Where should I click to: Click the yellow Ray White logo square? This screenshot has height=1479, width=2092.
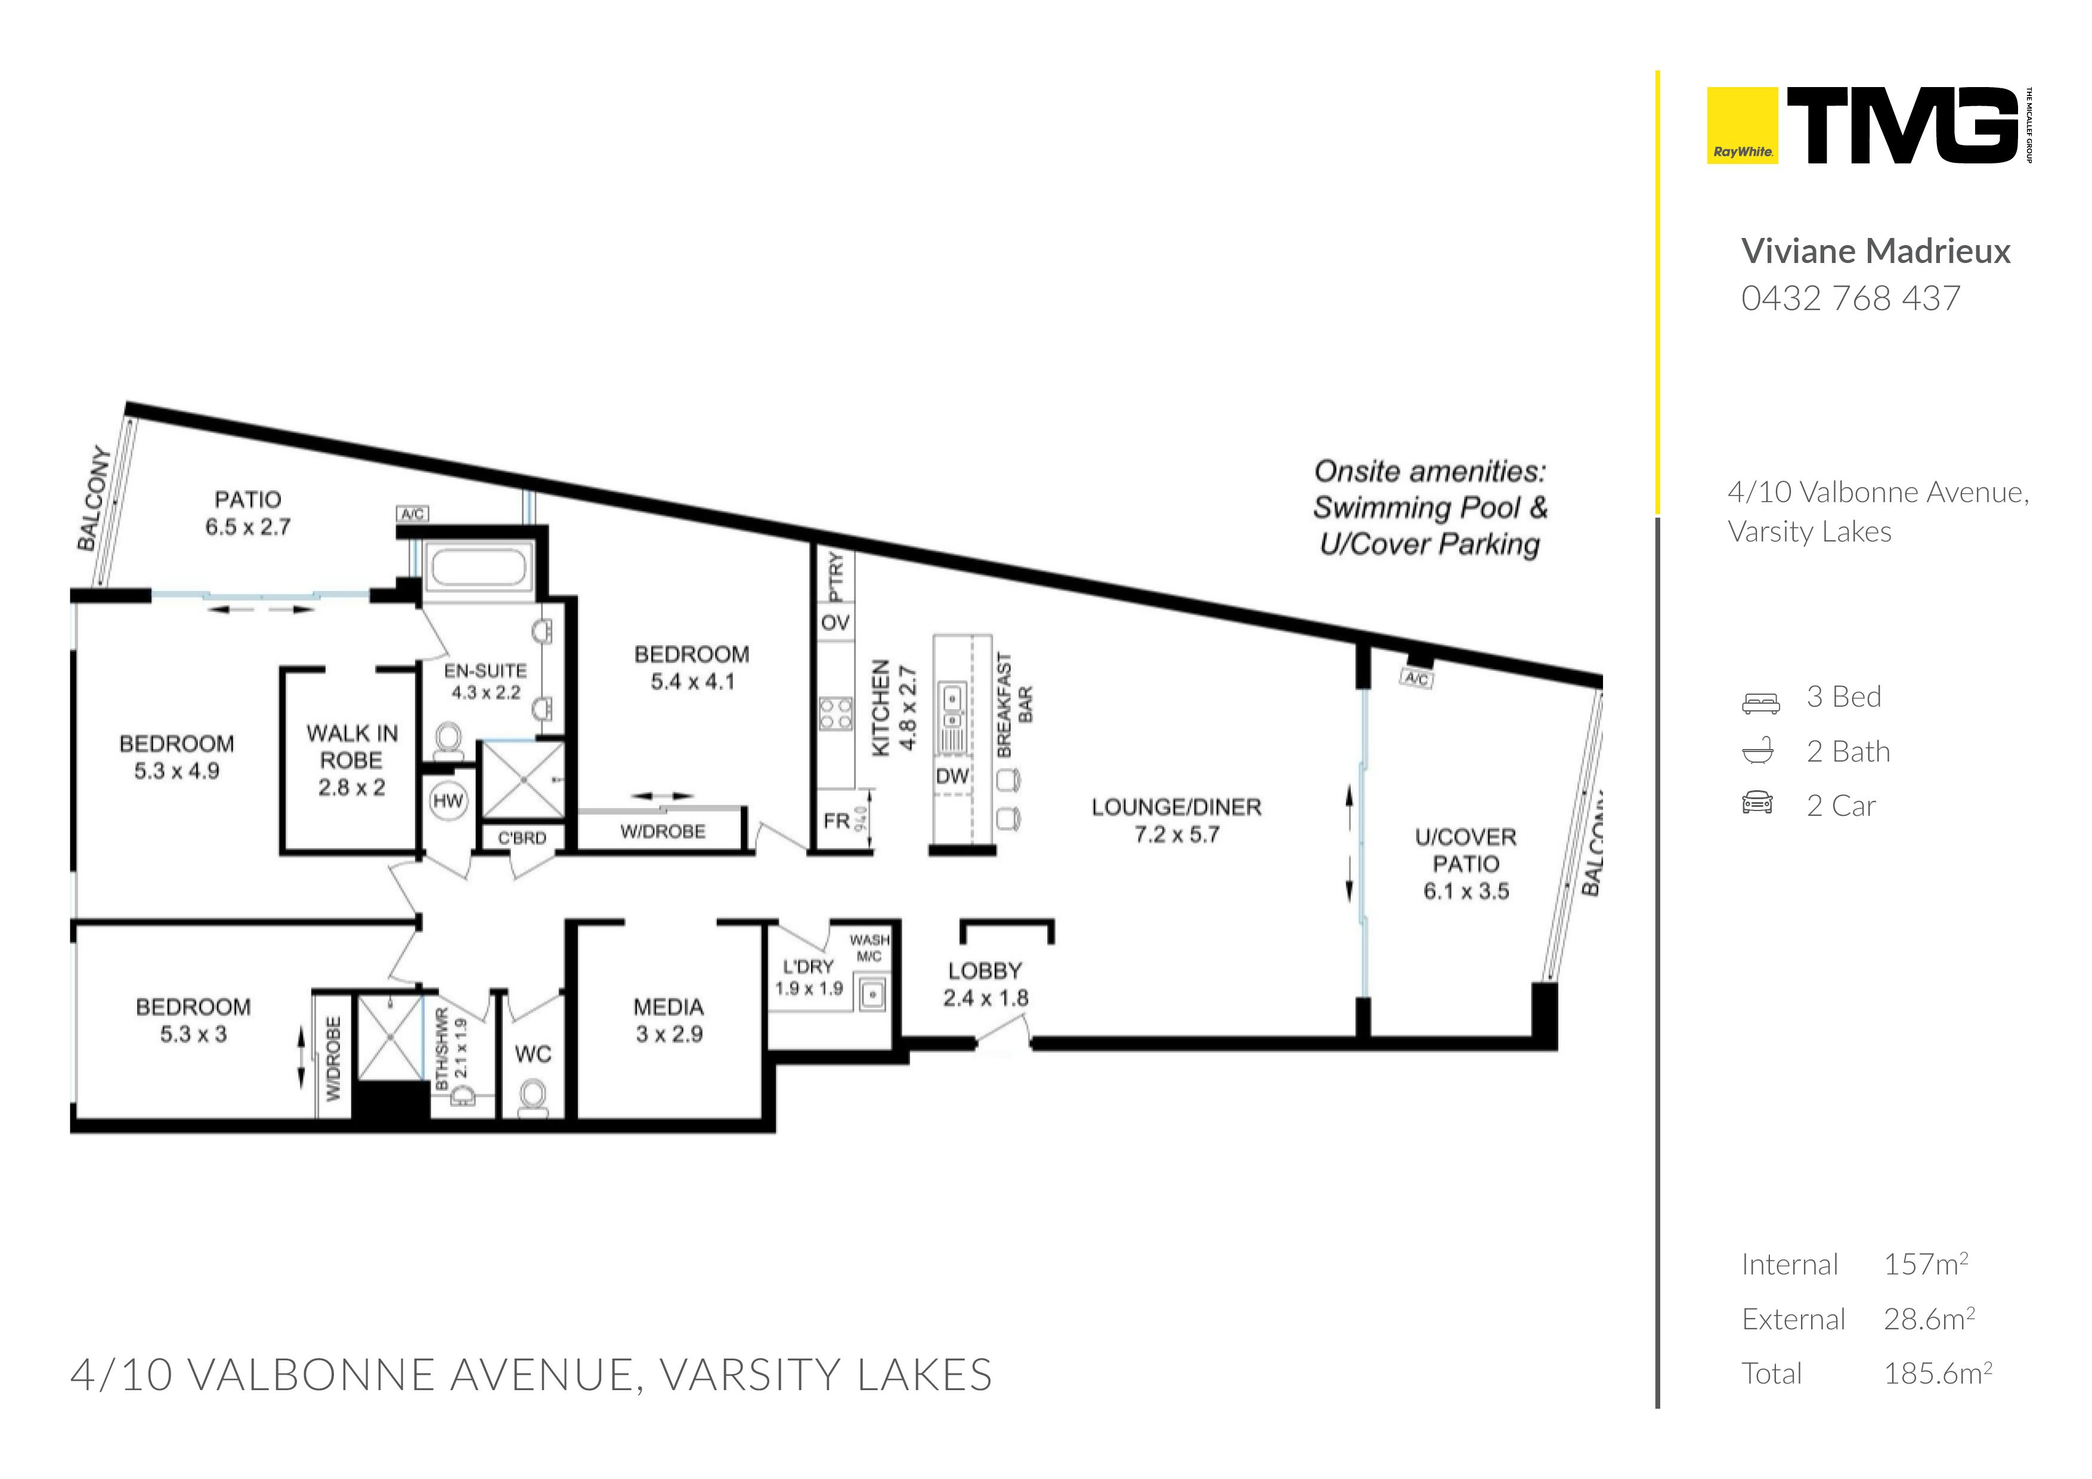coord(1741,126)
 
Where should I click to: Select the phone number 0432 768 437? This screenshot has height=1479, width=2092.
coord(1850,298)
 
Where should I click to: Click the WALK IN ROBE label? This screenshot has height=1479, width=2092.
coord(352,760)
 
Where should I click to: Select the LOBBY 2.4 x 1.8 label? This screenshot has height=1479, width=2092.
coord(985,984)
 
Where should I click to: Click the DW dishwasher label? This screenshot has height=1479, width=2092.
coord(952,776)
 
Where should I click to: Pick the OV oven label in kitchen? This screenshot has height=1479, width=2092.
coord(835,623)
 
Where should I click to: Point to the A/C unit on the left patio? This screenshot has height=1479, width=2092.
coord(413,515)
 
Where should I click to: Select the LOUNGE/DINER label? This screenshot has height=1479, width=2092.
coord(1176,807)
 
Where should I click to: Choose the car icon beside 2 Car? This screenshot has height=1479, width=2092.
coord(1757,803)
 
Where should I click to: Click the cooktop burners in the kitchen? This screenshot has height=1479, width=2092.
coord(835,713)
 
